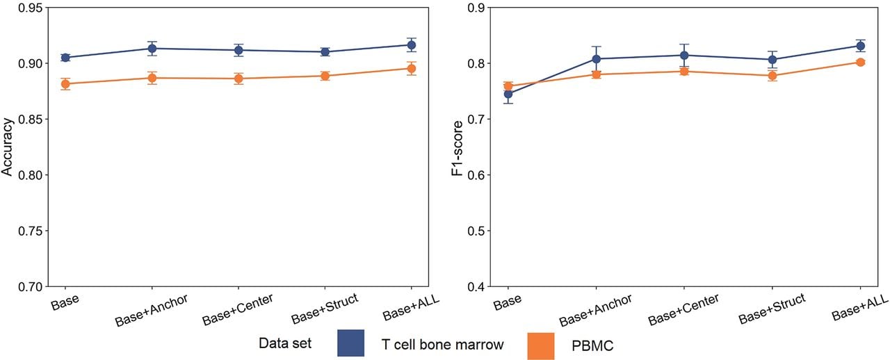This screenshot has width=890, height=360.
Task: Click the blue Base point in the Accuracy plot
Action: coord(65,58)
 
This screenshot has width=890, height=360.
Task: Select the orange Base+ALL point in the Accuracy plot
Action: coord(412,69)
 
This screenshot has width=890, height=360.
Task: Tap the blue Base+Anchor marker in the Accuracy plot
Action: coord(152,49)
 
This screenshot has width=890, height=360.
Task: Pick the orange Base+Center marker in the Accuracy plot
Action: coord(238,79)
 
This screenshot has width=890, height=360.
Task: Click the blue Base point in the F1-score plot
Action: coord(508,95)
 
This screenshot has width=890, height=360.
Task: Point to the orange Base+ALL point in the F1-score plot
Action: coord(861,62)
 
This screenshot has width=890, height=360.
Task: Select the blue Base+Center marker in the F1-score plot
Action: coord(684,55)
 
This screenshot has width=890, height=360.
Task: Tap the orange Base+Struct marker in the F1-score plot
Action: coord(772,76)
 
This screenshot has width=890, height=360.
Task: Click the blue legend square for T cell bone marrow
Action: coord(351,343)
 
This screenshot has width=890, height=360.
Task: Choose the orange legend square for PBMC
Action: coord(541,346)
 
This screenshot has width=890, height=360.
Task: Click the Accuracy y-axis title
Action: coord(7,147)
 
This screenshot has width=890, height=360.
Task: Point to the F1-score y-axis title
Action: coord(458,148)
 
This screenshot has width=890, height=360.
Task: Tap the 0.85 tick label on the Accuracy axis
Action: coord(31,120)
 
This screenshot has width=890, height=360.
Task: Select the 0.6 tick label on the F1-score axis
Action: coord(476,175)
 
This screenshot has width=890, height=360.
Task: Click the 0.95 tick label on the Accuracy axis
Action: coord(31,8)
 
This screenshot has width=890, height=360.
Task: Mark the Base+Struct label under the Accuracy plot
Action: coord(325,309)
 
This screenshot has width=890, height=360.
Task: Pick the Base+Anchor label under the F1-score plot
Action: coord(595,311)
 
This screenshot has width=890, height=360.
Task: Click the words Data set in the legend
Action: coord(285,343)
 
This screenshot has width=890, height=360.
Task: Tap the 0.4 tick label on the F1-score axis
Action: coord(476,286)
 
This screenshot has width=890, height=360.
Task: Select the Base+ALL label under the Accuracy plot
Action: coord(411,307)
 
